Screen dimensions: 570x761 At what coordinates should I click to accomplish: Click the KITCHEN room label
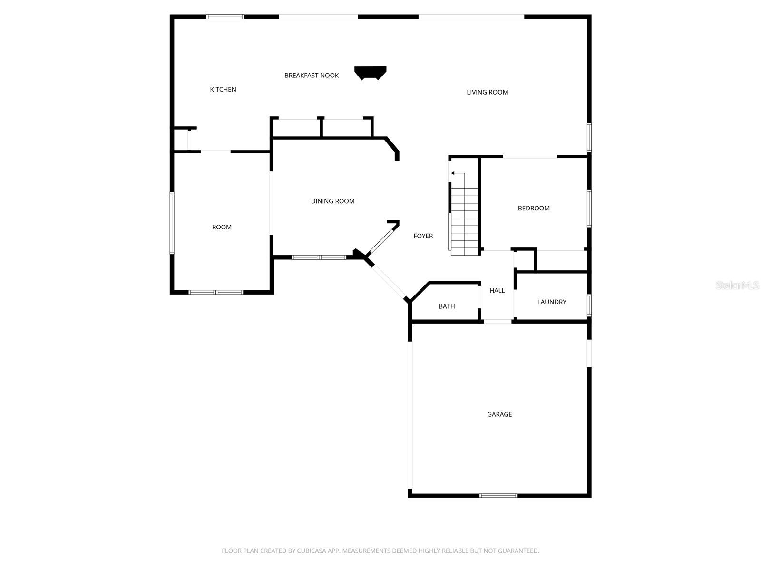pos(223,89)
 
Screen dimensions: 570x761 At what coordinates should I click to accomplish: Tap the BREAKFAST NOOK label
pos(312,76)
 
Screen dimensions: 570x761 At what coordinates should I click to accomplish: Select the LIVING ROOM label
pos(487,92)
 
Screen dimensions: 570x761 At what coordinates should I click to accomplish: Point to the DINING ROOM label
pos(332,201)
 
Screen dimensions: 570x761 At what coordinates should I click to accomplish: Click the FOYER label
pos(423,236)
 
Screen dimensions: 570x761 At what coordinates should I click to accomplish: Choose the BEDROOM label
pos(534,208)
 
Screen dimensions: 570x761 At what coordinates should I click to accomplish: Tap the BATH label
pos(447,306)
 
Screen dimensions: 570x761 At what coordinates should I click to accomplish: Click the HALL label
pos(497,291)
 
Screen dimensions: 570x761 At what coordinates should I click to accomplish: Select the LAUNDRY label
pos(552,302)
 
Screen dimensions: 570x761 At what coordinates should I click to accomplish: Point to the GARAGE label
pos(499,414)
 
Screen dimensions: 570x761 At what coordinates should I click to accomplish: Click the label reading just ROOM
pos(222,227)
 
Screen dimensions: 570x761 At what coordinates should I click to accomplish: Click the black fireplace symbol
pos(371,73)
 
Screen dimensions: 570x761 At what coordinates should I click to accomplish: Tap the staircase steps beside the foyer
pos(464,221)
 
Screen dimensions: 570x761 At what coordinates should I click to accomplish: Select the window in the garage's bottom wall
pos(498,495)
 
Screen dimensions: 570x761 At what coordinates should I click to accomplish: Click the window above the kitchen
pos(225,17)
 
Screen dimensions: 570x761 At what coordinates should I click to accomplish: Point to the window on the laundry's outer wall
pos(589,305)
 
